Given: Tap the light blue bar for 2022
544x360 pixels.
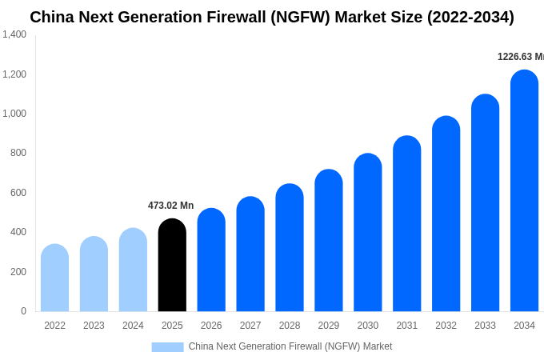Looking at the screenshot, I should [54, 278].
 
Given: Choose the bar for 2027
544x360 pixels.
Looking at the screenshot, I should [250, 254].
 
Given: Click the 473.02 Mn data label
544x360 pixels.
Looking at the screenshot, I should [170, 206].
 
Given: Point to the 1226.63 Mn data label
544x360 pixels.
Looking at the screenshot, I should [520, 57].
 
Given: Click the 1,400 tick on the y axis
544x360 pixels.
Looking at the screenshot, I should [14, 34].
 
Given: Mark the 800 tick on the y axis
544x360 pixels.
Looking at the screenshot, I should [18, 153].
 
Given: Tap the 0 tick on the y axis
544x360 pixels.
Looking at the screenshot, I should [23, 311].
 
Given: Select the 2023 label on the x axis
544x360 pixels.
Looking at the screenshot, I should [94, 326].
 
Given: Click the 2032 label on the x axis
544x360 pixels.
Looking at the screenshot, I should [446, 326].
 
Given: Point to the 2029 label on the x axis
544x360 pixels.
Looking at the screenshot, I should [328, 326].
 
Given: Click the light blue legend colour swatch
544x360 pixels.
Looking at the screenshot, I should [167, 346].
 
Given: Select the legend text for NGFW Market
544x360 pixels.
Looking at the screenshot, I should [290, 346].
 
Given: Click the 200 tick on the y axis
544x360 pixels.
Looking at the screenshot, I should [18, 272].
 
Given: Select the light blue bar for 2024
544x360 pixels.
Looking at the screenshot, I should [133, 270].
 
